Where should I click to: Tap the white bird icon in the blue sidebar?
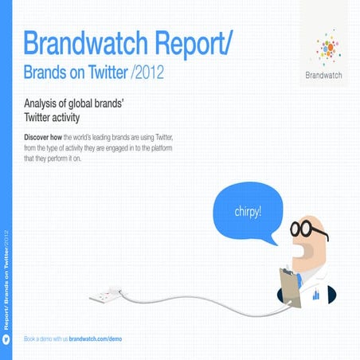(x=6, y=338)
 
